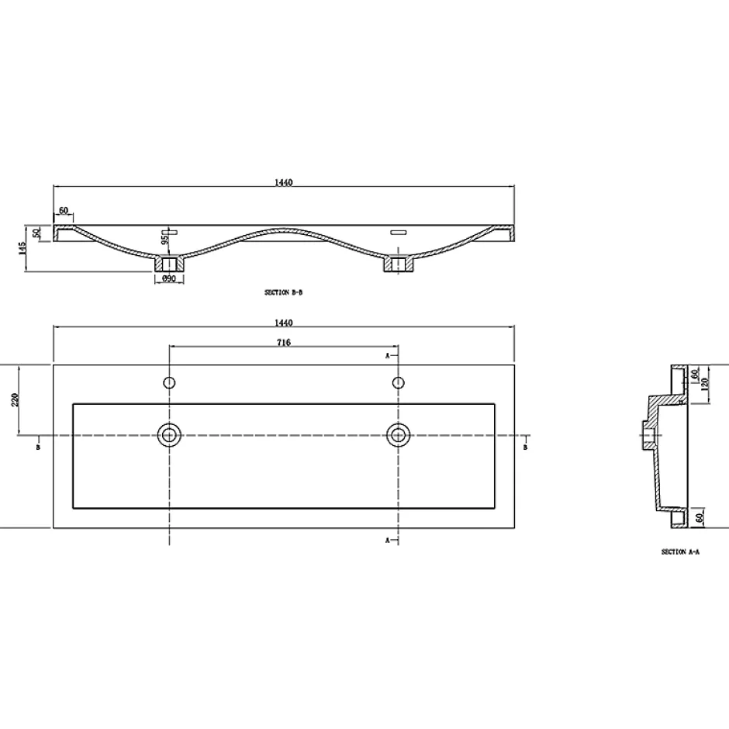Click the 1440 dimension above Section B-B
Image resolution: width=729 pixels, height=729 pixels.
pyautogui.click(x=284, y=183)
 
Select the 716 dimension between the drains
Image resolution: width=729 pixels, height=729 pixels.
pyautogui.click(x=284, y=343)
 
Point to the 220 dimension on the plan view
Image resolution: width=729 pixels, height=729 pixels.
pyautogui.click(x=14, y=400)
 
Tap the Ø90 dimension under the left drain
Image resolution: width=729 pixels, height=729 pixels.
pyautogui.click(x=169, y=279)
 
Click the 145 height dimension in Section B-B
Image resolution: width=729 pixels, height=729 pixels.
pyautogui.click(x=22, y=248)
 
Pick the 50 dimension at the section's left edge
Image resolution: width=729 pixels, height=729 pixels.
pyautogui.click(x=39, y=233)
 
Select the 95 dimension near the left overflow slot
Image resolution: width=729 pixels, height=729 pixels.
pyautogui.click(x=164, y=240)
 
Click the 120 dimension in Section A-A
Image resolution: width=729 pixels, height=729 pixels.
pyautogui.click(x=705, y=384)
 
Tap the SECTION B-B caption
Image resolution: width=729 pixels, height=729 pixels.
pyautogui.click(x=284, y=293)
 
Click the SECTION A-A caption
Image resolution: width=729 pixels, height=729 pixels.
pyautogui.click(x=680, y=552)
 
